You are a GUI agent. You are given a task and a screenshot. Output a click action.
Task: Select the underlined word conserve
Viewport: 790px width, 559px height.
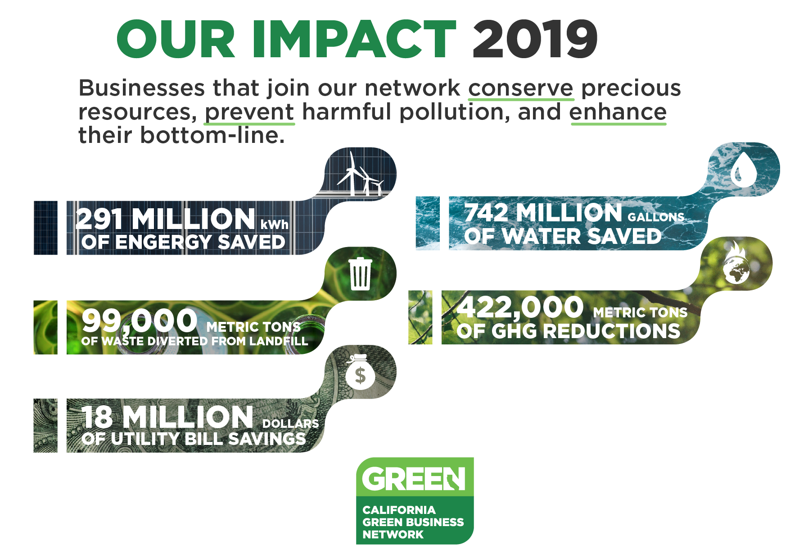pyautogui.click(x=521, y=88)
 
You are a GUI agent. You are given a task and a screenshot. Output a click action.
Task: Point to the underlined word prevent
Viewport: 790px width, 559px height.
pyautogui.click(x=249, y=112)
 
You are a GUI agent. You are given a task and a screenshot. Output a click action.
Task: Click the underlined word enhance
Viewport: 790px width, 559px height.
pyautogui.click(x=618, y=112)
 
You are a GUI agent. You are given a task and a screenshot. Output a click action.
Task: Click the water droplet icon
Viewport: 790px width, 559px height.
pyautogui.click(x=743, y=170)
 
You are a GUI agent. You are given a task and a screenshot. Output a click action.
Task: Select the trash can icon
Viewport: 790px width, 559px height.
pyautogui.click(x=361, y=273)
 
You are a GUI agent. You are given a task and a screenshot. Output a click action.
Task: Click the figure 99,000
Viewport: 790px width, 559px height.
pyautogui.click(x=140, y=320)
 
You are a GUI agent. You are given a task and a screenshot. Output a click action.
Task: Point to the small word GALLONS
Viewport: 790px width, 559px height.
pyautogui.click(x=656, y=217)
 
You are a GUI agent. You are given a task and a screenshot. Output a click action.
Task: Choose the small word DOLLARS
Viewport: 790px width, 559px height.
pyautogui.click(x=290, y=424)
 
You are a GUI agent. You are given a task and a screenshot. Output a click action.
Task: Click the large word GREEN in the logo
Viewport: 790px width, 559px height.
pyautogui.click(x=413, y=479)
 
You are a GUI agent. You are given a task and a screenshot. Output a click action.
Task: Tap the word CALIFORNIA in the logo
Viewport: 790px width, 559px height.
pyautogui.click(x=399, y=510)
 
